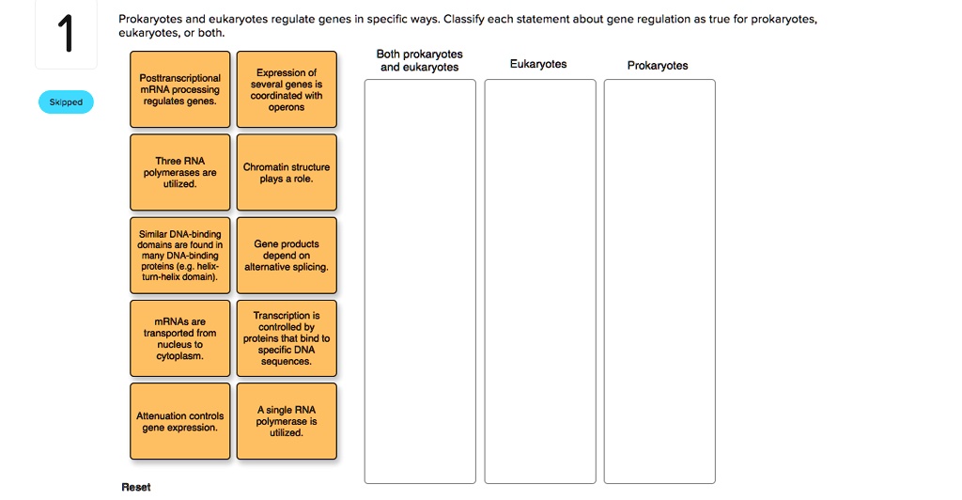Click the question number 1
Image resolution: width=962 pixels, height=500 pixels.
(x=65, y=36)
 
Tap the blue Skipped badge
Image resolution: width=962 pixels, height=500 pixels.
(x=66, y=102)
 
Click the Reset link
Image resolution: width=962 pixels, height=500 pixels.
(x=136, y=487)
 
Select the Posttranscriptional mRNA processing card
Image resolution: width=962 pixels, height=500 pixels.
(x=179, y=89)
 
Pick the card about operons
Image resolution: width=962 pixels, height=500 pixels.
(x=287, y=89)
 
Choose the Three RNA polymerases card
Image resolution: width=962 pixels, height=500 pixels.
(x=179, y=172)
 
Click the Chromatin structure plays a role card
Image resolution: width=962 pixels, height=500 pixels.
(x=287, y=172)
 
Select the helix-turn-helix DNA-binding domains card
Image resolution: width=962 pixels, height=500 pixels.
(x=179, y=255)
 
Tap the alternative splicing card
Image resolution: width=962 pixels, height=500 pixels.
(x=287, y=255)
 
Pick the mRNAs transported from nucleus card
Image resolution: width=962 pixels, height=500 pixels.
(x=179, y=338)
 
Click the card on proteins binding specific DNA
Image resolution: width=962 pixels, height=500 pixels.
(x=287, y=338)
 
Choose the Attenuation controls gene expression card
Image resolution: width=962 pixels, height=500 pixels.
(x=179, y=421)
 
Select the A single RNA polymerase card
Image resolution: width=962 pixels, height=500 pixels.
(x=287, y=421)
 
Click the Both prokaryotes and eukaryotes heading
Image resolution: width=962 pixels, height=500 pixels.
(x=419, y=60)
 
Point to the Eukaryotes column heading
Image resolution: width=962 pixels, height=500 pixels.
(x=538, y=64)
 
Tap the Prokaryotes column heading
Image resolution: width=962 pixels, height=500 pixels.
(x=658, y=65)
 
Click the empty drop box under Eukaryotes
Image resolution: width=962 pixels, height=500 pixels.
(x=540, y=281)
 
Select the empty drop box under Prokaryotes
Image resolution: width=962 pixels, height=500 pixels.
(x=659, y=281)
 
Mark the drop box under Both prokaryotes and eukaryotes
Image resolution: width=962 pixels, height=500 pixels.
(x=420, y=281)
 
